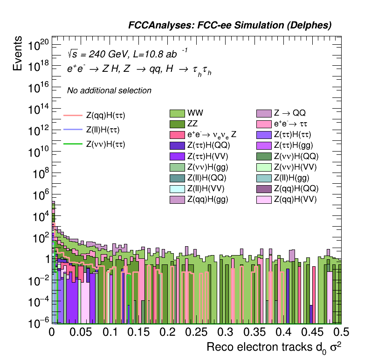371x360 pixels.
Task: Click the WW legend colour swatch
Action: coord(177,113)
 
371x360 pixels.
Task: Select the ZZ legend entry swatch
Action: coord(177,124)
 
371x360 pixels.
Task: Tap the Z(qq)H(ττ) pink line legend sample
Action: coord(73,114)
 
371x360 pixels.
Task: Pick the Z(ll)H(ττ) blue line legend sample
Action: coord(73,129)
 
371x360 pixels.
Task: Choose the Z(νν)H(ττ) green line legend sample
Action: coord(73,144)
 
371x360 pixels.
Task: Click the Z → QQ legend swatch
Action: coord(264,113)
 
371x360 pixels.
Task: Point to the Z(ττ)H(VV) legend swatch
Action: coord(177,156)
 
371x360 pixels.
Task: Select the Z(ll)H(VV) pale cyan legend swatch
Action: coord(177,188)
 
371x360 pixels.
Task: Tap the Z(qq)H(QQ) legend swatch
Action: coord(264,188)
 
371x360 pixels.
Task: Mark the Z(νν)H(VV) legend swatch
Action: coord(264,167)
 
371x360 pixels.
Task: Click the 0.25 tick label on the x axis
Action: coord(197,332)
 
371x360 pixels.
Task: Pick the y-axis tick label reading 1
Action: coord(45,259)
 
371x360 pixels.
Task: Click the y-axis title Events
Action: coord(18,54)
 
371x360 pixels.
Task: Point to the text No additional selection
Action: coord(109,90)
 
